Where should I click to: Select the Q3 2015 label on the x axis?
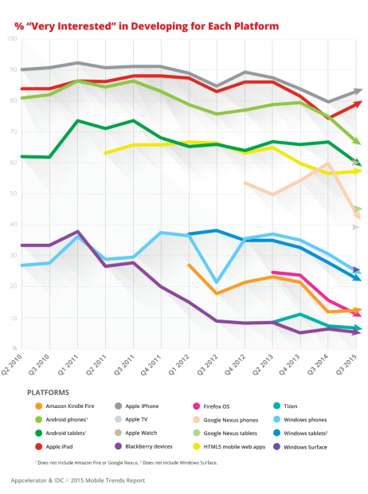356,366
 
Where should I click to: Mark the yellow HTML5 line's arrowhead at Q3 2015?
358,171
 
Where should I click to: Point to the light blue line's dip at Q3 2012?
216,281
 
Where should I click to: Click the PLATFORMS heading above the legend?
53,392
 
